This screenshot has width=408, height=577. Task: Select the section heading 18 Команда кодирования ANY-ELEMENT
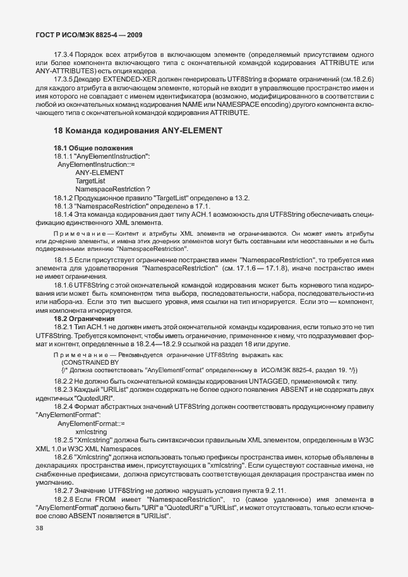(138, 131)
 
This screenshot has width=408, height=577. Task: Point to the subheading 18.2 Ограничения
(83, 319)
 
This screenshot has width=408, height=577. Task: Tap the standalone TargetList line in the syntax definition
(91, 181)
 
